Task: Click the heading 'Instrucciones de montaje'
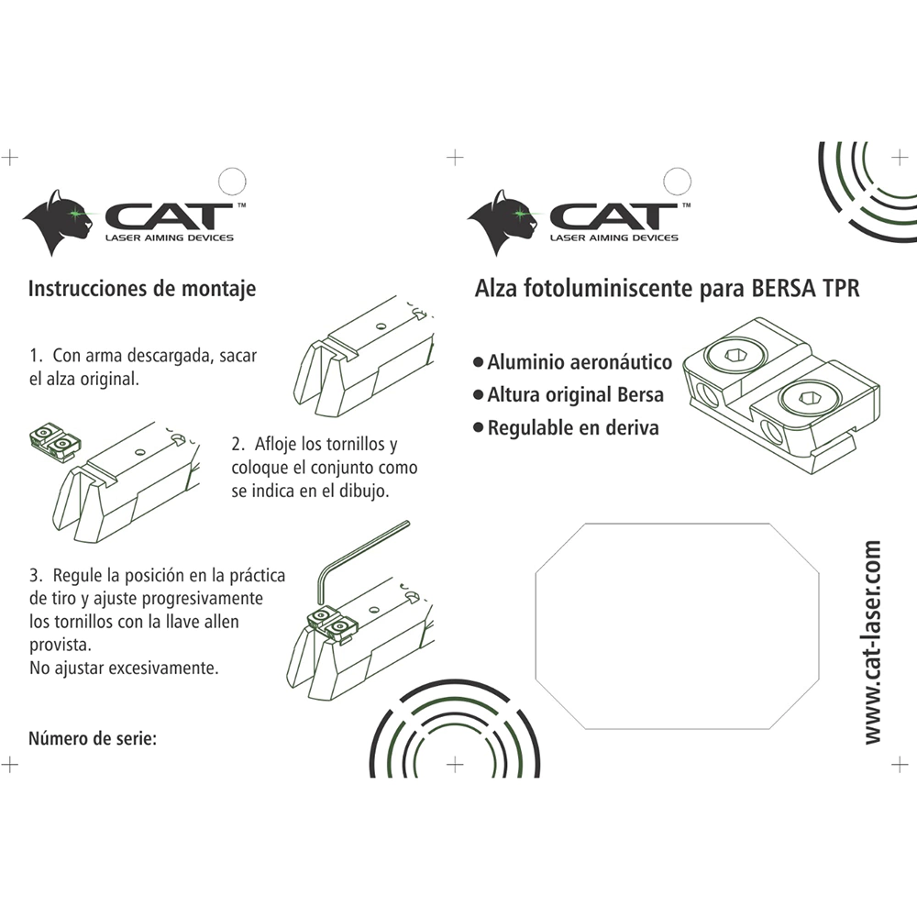point(142,289)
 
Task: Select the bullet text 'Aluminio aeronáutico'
point(580,362)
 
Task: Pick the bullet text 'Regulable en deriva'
point(573,427)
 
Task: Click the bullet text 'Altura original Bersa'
point(576,394)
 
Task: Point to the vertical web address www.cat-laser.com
point(872,642)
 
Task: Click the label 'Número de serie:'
point(93,738)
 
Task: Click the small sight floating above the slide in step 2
point(56,443)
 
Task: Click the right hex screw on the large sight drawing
point(809,398)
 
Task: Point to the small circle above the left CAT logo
point(232,182)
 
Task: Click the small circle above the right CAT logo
point(678,182)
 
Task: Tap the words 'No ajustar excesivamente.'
point(124,668)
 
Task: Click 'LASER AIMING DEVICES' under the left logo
point(170,238)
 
